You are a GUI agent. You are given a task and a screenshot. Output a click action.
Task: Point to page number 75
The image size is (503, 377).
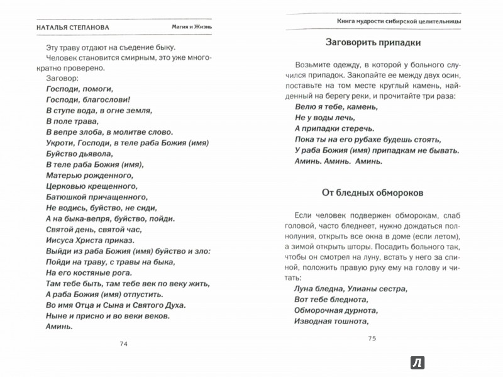click(371, 339)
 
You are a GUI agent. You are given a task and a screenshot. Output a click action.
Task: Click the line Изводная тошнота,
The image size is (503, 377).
click(330, 321)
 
